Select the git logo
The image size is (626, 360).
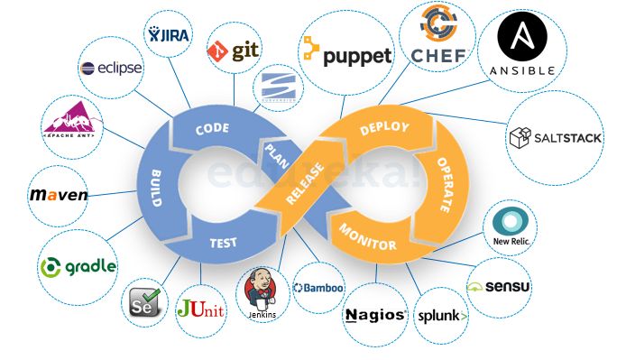(x=234, y=51)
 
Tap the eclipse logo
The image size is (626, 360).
(x=111, y=69)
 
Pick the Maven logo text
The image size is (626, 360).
(x=59, y=195)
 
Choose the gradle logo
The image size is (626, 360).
(x=78, y=266)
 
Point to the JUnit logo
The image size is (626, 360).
(x=201, y=309)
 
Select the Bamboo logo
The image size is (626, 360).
(x=318, y=288)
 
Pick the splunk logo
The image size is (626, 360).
(x=442, y=316)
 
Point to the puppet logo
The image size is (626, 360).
(x=348, y=55)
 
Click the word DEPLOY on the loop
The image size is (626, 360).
(x=384, y=128)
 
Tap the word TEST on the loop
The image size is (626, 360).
(x=223, y=242)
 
